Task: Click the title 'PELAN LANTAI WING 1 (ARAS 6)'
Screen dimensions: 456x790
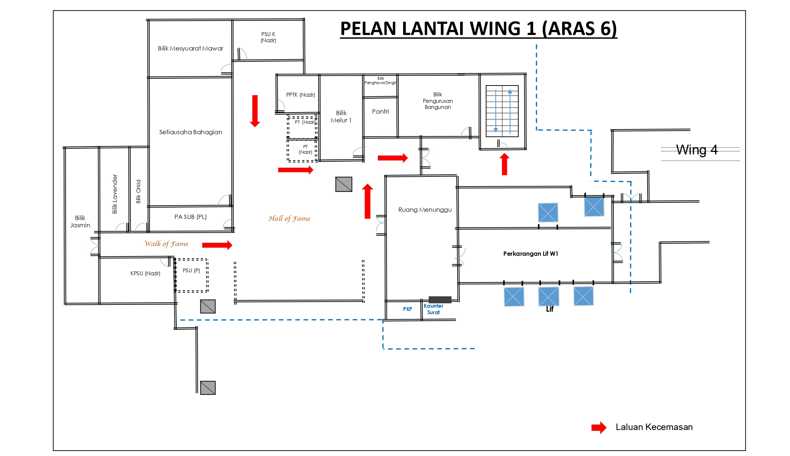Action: [478, 28]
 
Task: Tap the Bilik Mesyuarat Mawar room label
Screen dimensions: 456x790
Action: [190, 48]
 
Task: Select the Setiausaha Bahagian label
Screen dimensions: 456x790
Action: [190, 132]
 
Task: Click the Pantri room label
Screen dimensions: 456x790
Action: [380, 111]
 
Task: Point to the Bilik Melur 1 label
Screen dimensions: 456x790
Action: [341, 117]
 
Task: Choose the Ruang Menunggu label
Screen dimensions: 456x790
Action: [425, 210]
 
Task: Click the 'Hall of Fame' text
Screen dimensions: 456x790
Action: [289, 218]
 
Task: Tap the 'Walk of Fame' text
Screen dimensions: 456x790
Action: [166, 244]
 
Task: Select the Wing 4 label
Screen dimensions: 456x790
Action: [696, 150]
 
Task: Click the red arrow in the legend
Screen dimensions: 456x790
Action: [599, 427]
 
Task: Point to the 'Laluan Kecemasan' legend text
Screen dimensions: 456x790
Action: [654, 427]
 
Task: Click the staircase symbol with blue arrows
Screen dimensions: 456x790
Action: [502, 111]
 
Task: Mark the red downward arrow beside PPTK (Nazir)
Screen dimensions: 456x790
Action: [255, 111]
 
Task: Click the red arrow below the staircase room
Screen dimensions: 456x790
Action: [504, 164]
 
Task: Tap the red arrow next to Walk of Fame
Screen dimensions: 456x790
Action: [217, 245]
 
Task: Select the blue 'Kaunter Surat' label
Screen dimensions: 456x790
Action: [433, 309]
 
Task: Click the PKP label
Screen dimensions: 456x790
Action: [407, 309]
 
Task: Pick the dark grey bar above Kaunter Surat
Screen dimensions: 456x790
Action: [440, 299]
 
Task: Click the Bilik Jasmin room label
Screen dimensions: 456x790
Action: [80, 222]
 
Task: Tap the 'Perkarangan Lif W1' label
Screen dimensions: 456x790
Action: [530, 254]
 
